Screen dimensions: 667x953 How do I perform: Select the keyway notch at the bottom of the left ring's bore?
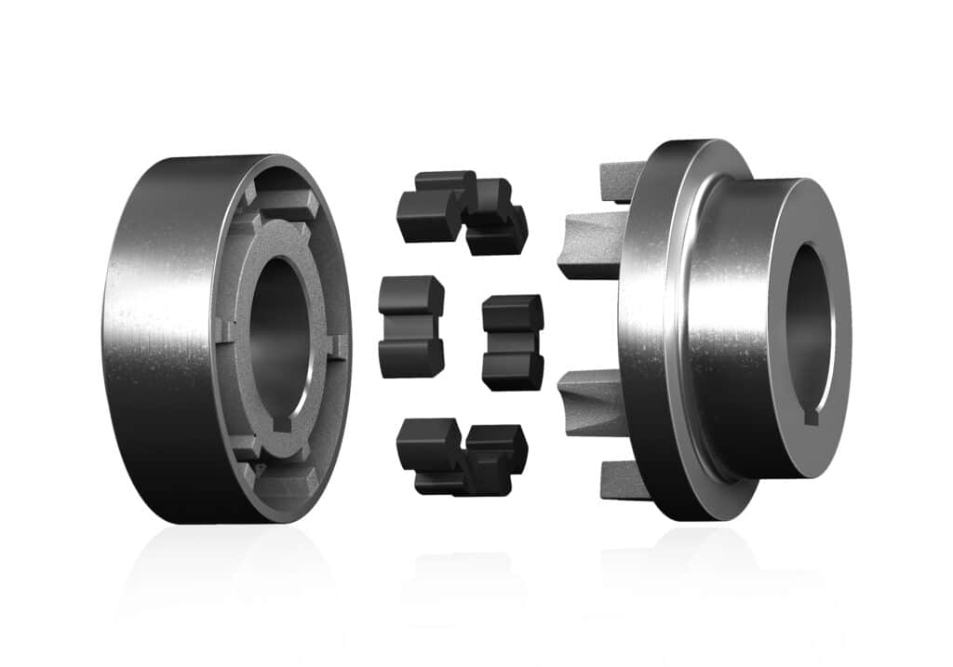coord(281,425)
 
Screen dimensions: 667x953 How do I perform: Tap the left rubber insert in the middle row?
coord(410,326)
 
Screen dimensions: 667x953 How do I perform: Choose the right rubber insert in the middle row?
coord(513,341)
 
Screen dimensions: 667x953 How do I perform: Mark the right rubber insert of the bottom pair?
coord(496,456)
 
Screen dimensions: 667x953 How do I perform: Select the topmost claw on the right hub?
coord(622,180)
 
